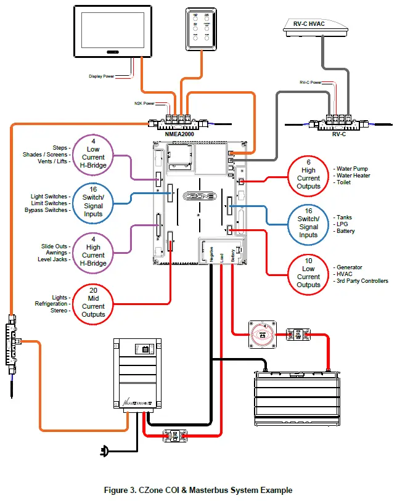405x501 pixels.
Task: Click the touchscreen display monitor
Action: (116, 32)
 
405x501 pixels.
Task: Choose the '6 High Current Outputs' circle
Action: (308, 174)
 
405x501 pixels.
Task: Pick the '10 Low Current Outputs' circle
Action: (308, 272)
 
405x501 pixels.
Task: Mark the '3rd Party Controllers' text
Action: (362, 281)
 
